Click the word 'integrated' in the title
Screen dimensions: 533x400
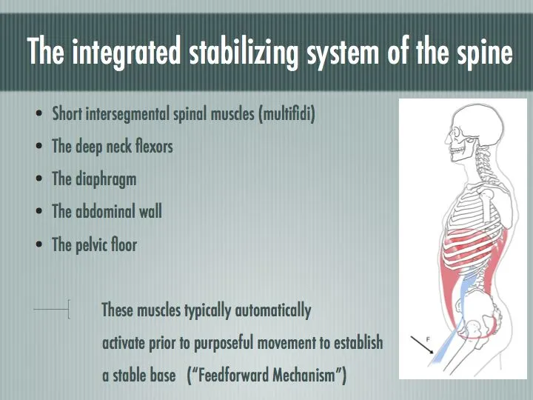126,52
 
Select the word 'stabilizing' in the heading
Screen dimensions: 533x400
244,53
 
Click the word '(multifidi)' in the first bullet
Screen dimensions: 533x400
286,113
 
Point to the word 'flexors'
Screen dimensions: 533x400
154,146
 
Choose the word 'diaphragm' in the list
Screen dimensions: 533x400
106,180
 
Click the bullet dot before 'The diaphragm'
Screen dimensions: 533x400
39,179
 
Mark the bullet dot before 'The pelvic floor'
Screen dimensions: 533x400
39,244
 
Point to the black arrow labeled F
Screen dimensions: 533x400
421,345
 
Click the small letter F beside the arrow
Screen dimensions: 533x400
428,339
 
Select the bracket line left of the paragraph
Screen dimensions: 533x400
52,309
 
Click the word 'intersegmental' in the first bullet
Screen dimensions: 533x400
127,113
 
